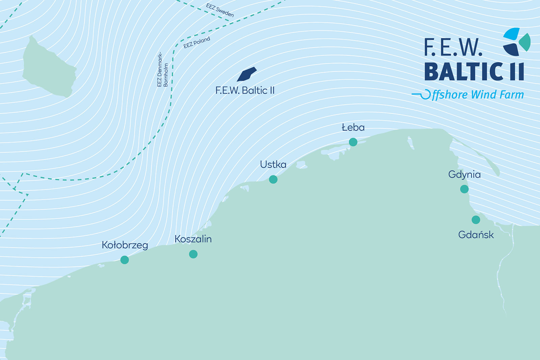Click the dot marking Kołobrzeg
point(125,260)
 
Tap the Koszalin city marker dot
point(193,254)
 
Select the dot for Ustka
point(273,179)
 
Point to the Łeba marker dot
point(353,142)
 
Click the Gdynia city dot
point(464,189)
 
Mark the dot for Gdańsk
point(476,220)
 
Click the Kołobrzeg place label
point(125,245)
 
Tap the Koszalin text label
point(193,239)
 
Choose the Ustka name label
point(273,164)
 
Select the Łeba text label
point(353,128)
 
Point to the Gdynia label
point(464,175)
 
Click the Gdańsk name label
point(476,235)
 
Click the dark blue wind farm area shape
point(247,74)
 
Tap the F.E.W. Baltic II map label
point(245,91)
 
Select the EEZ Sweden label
point(220,10)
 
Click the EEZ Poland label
point(197,43)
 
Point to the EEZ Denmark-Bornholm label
point(162,70)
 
